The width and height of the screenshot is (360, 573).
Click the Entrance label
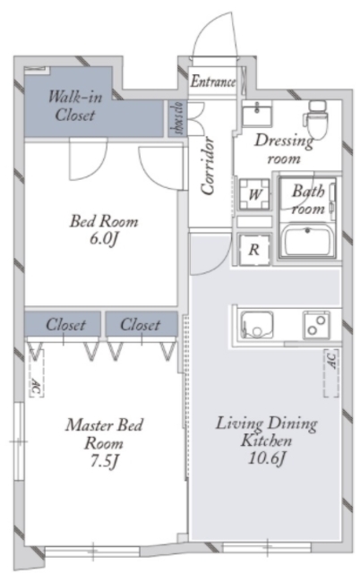click(x=213, y=81)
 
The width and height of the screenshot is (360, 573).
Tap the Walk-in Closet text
click(x=75, y=106)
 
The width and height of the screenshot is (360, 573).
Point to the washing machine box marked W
click(x=254, y=194)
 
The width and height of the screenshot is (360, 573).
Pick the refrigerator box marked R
click(x=254, y=250)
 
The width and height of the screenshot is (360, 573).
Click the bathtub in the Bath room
click(x=308, y=241)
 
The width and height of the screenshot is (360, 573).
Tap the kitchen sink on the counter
click(x=257, y=324)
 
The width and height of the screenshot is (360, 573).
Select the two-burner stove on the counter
click(x=316, y=324)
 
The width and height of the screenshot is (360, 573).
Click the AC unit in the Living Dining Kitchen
click(x=331, y=372)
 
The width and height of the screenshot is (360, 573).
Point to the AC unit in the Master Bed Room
click(x=36, y=372)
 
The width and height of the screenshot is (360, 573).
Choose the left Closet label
click(x=65, y=324)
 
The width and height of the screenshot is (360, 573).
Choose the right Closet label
click(x=141, y=324)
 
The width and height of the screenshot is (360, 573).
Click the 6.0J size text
click(x=105, y=239)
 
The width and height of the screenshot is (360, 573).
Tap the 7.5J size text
click(x=105, y=462)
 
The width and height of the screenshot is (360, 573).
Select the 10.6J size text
click(x=267, y=458)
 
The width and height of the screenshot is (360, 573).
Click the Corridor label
click(x=208, y=165)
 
